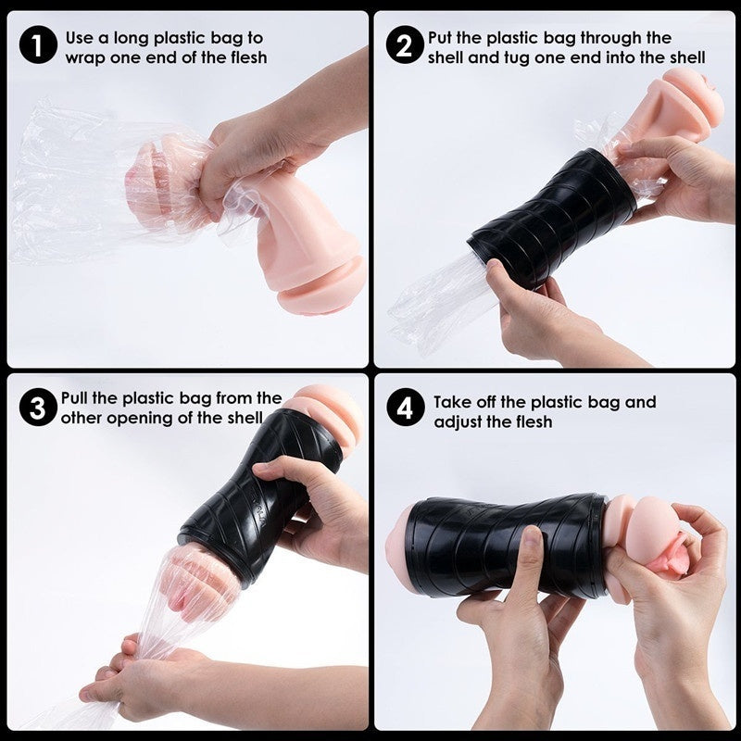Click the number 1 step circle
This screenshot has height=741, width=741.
[x=38, y=45]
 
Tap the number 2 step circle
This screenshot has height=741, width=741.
[x=405, y=45]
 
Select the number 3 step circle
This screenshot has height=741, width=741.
[x=38, y=408]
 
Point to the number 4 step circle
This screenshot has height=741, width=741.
[x=406, y=408]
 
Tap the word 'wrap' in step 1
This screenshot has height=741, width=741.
[x=85, y=58]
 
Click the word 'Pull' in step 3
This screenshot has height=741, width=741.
[x=75, y=398]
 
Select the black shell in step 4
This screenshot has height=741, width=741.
[x=506, y=544]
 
